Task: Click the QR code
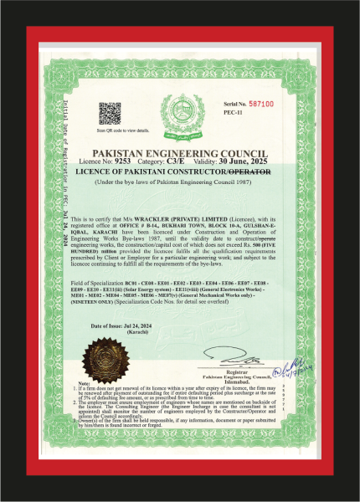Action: (x=110, y=113)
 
